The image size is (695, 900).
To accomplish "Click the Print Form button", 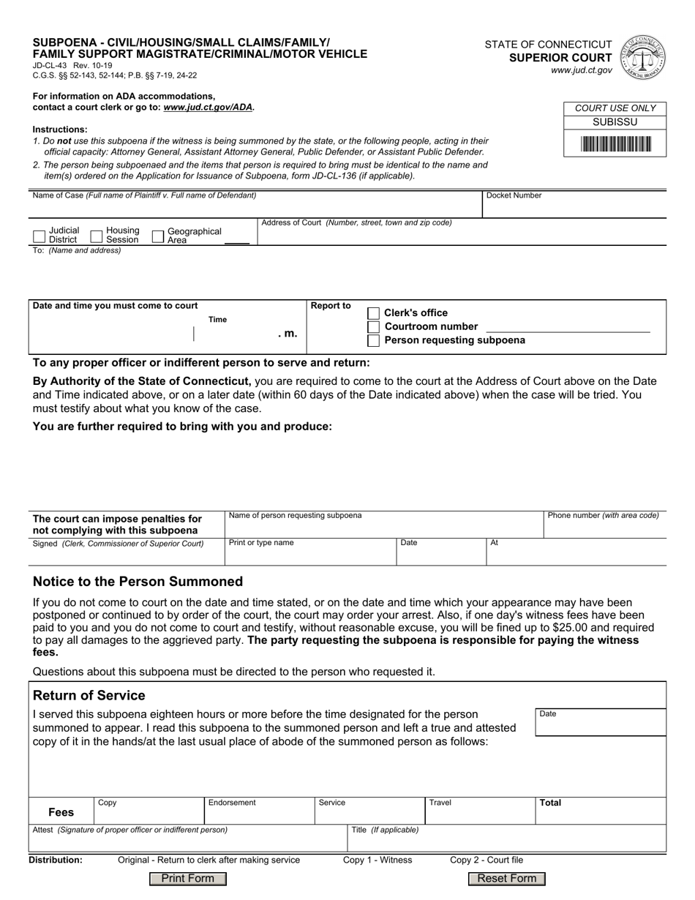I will [187, 879].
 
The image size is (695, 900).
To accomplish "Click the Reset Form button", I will [506, 879].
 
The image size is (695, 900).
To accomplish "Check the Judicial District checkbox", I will [40, 236].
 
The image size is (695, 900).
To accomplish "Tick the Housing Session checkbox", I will [97, 236].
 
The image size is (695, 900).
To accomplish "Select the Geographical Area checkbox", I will [157, 236].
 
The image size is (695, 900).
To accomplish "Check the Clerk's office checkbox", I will [373, 313].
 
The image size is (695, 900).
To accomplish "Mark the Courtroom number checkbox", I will [373, 327].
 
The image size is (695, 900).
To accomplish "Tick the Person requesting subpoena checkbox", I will [373, 341].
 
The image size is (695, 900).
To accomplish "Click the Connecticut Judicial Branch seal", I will [642, 57].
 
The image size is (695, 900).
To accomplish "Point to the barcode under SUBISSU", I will [615, 144].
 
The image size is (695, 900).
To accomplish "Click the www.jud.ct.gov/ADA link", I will [208, 107].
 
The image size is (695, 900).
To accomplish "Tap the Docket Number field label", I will [514, 196].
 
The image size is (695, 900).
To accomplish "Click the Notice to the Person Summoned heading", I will [138, 582].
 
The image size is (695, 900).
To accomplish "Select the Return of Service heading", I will [89, 695].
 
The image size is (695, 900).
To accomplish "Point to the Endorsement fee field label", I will [232, 803].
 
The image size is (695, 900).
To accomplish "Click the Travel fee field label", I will [440, 803].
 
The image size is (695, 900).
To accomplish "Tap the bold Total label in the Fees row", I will [550, 803].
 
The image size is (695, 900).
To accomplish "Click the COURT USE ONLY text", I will [615, 108].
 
